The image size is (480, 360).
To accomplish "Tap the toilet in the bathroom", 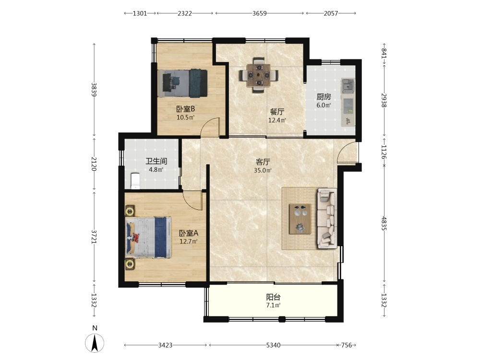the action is click(x=135, y=181).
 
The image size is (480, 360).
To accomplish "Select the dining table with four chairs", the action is click(x=259, y=75).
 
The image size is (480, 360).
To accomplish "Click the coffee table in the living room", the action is click(x=300, y=218).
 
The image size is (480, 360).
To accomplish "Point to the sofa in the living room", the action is click(x=327, y=218).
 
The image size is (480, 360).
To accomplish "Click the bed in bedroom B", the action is click(x=183, y=83).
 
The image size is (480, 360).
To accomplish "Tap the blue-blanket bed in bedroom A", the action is click(x=149, y=237).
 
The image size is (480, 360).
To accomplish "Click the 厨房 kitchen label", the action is click(x=324, y=97).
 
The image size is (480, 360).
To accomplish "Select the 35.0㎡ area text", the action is click(x=263, y=170).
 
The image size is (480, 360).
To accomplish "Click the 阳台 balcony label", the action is click(x=274, y=297).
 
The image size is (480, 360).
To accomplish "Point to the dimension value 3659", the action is click(x=260, y=13).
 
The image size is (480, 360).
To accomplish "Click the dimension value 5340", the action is click(x=273, y=345).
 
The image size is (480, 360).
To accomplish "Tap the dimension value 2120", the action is click(x=94, y=164).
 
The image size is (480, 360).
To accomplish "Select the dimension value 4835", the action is click(x=384, y=224).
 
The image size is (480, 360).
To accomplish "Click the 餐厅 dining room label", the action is click(x=277, y=112).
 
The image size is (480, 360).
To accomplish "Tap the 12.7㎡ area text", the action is click(x=188, y=241).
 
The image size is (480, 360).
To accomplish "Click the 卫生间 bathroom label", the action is click(x=156, y=161).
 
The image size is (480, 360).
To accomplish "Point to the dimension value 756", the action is click(x=346, y=345).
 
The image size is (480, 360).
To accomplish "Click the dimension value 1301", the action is click(x=140, y=13).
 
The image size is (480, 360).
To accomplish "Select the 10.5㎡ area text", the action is click(x=185, y=117).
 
